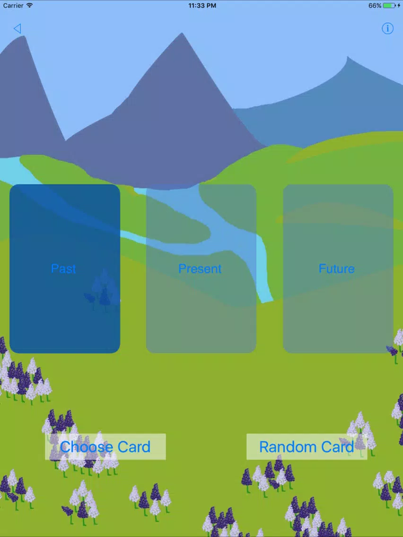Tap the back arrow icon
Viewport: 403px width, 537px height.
[18, 28]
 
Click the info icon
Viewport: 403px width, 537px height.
[387, 28]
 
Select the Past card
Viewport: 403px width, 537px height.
[65, 269]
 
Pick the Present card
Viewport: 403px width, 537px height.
[201, 269]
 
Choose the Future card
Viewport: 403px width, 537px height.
[338, 269]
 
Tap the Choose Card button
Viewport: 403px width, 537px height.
[105, 447]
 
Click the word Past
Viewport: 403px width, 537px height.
[63, 268]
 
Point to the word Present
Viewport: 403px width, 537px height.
[200, 269]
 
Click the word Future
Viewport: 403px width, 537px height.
[336, 269]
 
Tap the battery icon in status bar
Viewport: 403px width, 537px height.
[389, 6]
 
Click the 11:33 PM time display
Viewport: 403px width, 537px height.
[202, 6]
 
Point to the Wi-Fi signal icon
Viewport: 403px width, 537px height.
[29, 5]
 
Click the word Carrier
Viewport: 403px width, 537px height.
[13, 6]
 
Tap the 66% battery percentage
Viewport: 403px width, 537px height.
[375, 6]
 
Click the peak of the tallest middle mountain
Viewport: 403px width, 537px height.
[182, 33]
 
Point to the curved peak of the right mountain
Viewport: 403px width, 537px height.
[348, 57]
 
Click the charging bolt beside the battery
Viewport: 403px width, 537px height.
[399, 6]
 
